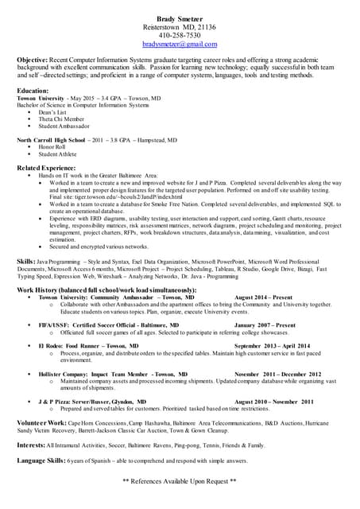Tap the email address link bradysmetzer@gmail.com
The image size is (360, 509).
(x=179, y=45)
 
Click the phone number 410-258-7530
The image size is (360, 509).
(x=179, y=36)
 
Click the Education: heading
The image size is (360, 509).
(x=33, y=91)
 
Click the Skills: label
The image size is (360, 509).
(x=25, y=261)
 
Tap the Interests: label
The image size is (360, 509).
(x=31, y=445)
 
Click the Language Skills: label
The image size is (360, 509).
(x=41, y=461)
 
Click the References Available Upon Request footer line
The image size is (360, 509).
(x=180, y=481)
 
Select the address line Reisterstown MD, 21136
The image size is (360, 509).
(x=179, y=26)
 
